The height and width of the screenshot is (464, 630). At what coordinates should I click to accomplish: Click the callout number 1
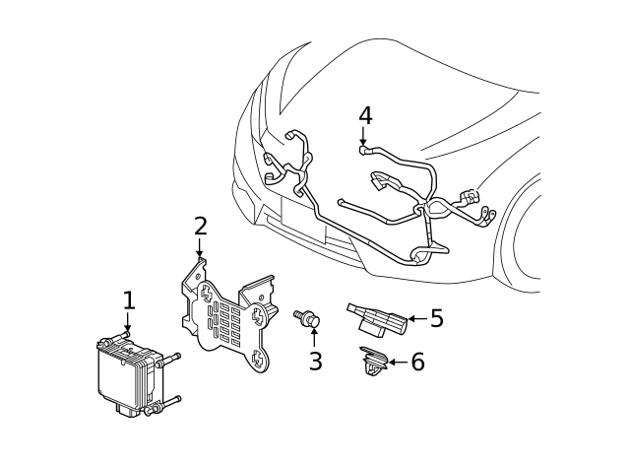point(128,300)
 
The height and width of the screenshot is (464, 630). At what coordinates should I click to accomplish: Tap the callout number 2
point(200,226)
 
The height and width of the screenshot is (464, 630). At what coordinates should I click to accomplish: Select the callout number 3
point(315,362)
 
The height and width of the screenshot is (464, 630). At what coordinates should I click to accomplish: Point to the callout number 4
point(365,115)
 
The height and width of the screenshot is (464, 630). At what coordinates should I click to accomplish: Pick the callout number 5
point(436,318)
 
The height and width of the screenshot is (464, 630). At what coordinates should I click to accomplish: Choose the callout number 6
point(416,363)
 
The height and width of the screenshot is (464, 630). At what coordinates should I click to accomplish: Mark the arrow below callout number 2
point(200,249)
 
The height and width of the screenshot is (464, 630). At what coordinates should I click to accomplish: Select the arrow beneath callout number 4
point(365,138)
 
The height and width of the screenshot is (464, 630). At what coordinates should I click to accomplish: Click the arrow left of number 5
point(414,318)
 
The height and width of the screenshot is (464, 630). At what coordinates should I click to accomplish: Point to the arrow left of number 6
point(396,363)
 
